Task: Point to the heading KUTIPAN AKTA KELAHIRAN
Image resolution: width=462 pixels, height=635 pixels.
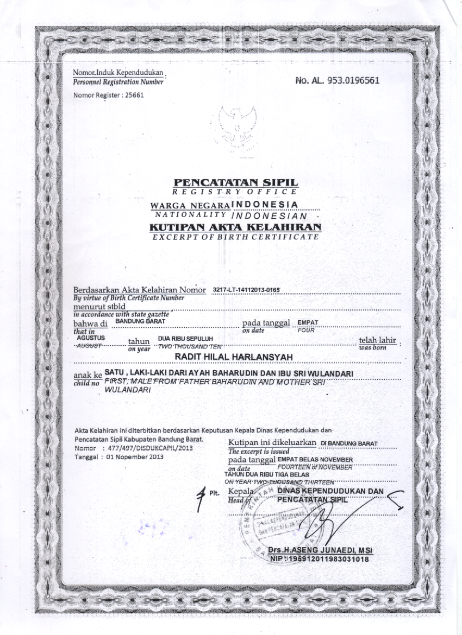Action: pos(235,227)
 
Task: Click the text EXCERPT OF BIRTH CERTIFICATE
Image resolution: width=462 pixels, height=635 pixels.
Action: pos(235,237)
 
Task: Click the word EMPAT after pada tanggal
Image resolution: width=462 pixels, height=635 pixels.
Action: pos(308,322)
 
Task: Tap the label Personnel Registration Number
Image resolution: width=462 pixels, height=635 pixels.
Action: pos(118,82)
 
